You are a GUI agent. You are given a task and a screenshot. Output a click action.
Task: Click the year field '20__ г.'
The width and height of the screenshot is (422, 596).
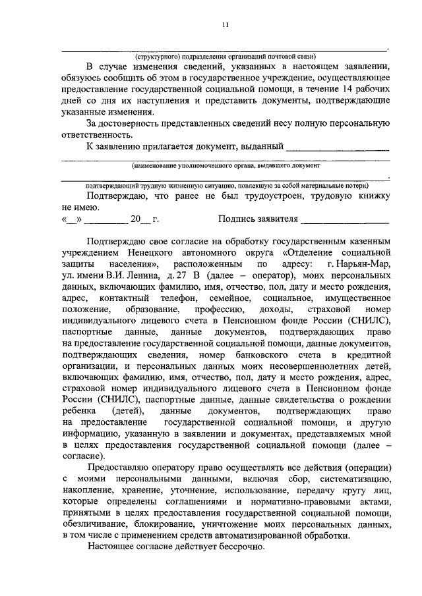[x=144, y=219]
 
